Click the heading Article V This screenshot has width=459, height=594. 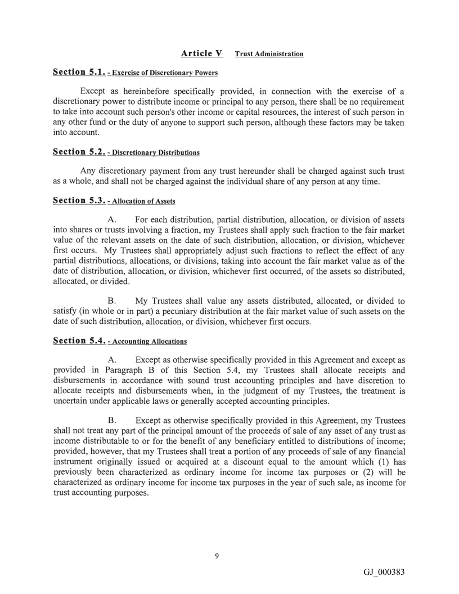pos(201,53)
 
